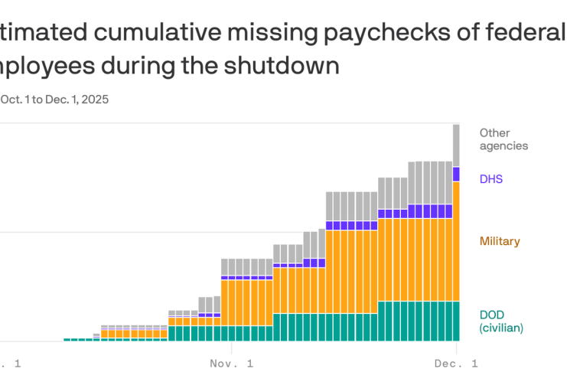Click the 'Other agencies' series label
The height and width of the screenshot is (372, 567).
pyautogui.click(x=503, y=139)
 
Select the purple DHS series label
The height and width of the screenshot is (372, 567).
pyautogui.click(x=491, y=179)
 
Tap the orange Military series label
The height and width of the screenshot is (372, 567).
pyautogui.click(x=499, y=242)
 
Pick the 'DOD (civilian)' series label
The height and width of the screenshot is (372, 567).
pyautogui.click(x=501, y=321)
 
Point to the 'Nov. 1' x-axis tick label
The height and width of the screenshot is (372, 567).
pyautogui.click(x=231, y=363)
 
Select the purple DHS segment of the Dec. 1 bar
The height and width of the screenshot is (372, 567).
pyautogui.click(x=456, y=175)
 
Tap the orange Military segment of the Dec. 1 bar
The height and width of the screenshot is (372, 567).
pyautogui.click(x=456, y=241)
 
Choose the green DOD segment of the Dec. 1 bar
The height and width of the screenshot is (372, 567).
pyautogui.click(x=456, y=321)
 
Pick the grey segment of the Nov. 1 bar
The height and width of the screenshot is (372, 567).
pyautogui.click(x=231, y=266)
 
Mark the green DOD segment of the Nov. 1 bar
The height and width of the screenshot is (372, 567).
pyautogui.click(x=231, y=334)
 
